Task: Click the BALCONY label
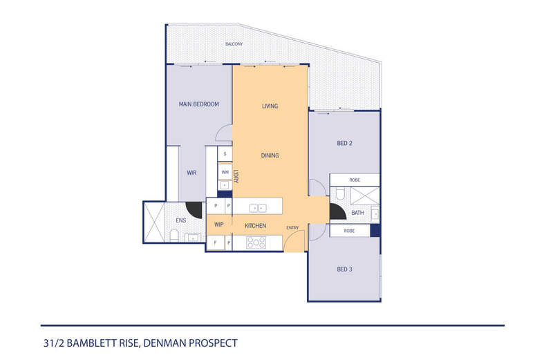[x=234, y=44]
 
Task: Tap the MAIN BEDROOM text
[x=198, y=104]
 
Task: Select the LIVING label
[x=270, y=106]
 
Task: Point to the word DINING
[x=270, y=155]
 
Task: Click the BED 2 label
[x=344, y=144]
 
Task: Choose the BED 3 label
[x=344, y=269]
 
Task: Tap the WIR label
[x=192, y=173]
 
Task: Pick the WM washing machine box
[x=225, y=171]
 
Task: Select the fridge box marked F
[x=216, y=242]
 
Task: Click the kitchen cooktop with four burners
[x=257, y=242]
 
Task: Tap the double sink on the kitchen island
[x=257, y=207]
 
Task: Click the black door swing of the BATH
[x=337, y=215]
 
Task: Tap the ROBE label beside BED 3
[x=350, y=230]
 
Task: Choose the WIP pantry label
[x=218, y=224]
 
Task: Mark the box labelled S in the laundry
[x=225, y=154]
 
